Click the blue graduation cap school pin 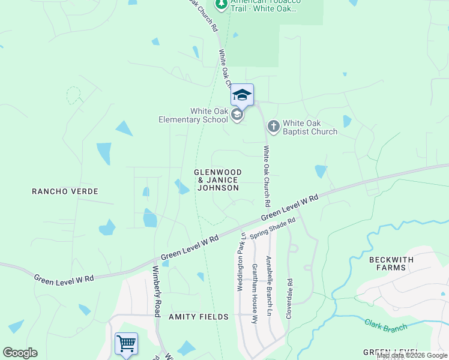point(242,95)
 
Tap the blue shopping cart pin point(126,344)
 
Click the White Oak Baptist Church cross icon point(273,126)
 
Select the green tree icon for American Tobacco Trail point(221,4)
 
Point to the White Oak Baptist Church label point(310,127)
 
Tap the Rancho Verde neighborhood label point(65,191)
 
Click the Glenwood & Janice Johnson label point(217,180)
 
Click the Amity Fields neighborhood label point(199,316)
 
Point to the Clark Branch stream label point(385,326)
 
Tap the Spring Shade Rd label point(273,229)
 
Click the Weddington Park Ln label point(241,262)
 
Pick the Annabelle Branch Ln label point(268,286)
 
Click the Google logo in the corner point(20,353)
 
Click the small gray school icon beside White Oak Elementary point(237,115)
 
